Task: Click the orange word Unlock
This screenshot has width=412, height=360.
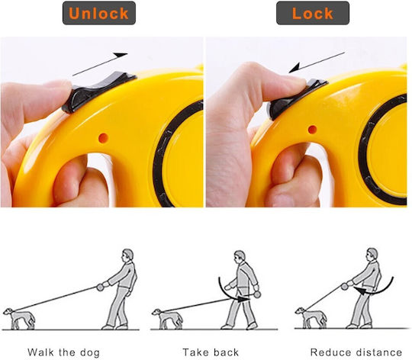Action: pyautogui.click(x=98, y=14)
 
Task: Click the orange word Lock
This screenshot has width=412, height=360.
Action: pyautogui.click(x=313, y=14)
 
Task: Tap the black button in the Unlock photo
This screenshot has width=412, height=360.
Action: pyautogui.click(x=98, y=92)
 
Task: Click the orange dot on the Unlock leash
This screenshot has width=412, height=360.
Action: pyautogui.click(x=103, y=138)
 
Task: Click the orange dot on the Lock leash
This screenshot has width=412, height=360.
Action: pyautogui.click(x=312, y=130)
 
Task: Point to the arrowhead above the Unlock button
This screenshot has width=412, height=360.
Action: pyautogui.click(x=121, y=55)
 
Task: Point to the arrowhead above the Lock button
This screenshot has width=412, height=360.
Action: pyautogui.click(x=295, y=68)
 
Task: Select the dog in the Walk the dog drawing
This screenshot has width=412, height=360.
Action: pyautogui.click(x=19, y=319)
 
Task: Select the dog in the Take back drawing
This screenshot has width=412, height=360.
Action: pyautogui.click(x=167, y=319)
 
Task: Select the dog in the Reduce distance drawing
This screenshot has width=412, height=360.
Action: pyautogui.click(x=311, y=318)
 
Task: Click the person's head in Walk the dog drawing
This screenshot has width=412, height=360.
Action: pyautogui.click(x=127, y=255)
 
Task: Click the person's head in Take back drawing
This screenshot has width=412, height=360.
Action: pyautogui.click(x=240, y=256)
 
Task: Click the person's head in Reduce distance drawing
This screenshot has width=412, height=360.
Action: pyautogui.click(x=372, y=254)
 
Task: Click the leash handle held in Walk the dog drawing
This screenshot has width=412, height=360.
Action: pyautogui.click(x=100, y=287)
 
